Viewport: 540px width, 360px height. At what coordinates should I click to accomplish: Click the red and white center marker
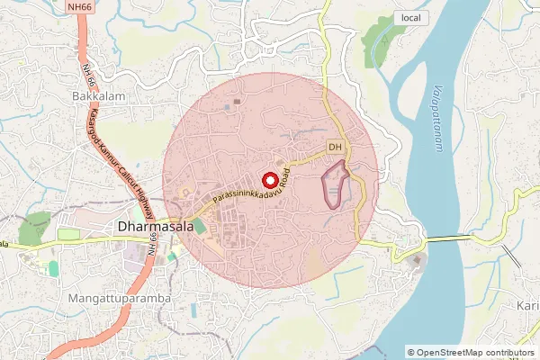coord(267,178)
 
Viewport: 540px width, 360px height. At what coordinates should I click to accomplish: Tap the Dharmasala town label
coord(156,229)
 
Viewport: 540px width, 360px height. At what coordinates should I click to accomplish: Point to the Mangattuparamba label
coord(118,296)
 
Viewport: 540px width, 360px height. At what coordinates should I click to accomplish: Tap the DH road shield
coord(335,146)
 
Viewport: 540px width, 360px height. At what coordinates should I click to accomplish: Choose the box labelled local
coord(410,18)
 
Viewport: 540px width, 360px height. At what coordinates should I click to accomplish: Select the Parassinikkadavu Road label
coord(251,188)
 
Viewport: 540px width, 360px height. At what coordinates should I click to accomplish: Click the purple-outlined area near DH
coord(335,185)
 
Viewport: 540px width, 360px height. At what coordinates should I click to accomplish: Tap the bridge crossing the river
coord(450,238)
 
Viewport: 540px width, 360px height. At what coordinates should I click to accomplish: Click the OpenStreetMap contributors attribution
coord(474,353)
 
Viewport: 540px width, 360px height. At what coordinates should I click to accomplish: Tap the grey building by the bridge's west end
coord(416,263)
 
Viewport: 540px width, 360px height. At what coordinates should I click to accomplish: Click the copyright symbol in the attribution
coord(412,353)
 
